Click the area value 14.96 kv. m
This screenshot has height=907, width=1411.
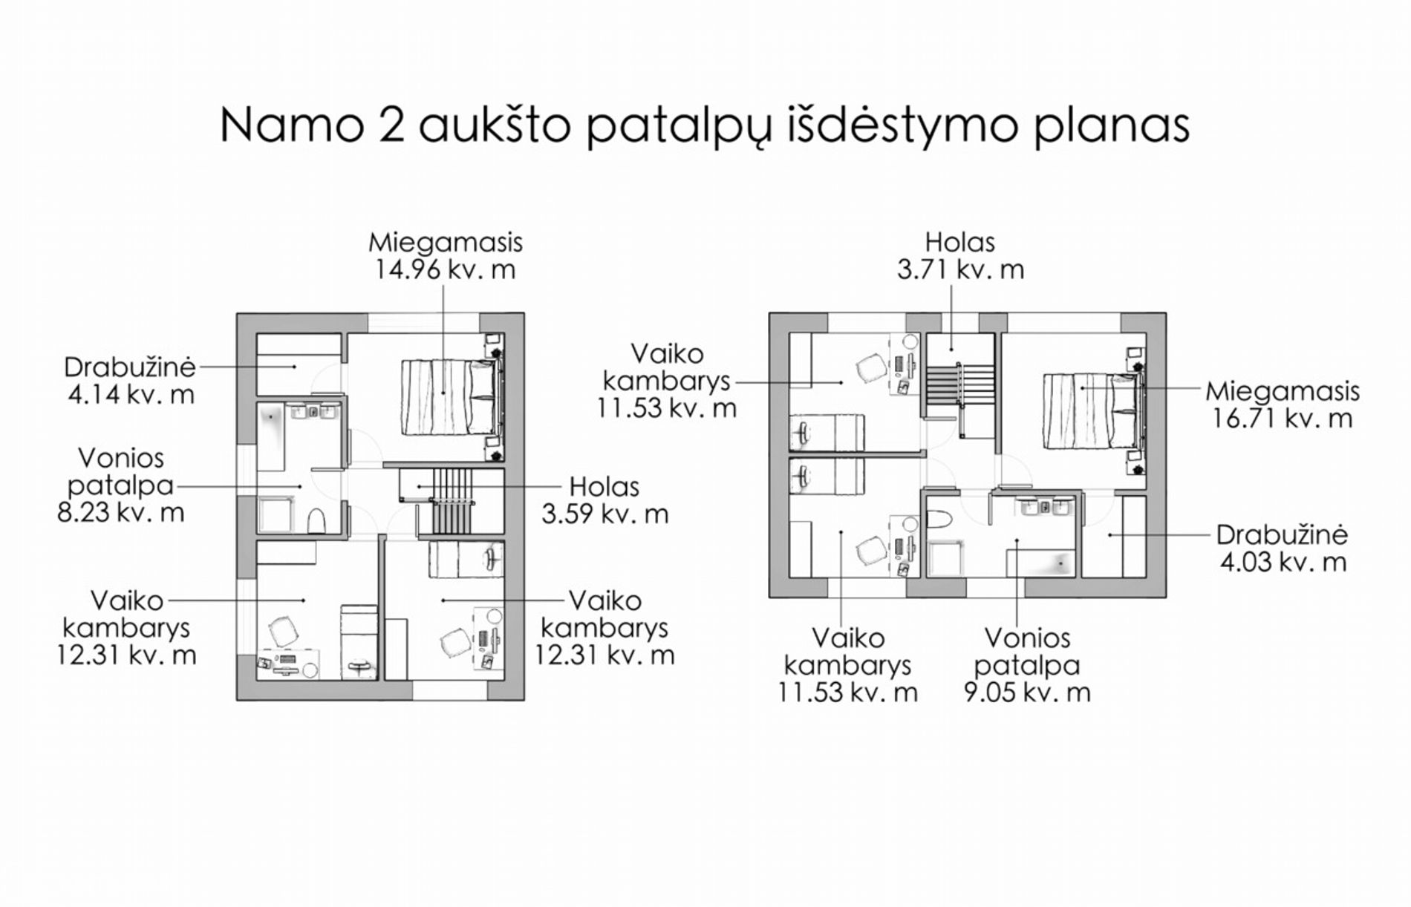point(445,269)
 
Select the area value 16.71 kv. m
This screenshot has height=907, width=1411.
point(1283,419)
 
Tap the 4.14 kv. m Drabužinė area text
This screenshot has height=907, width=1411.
point(130,394)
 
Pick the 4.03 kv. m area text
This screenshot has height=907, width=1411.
point(1283,562)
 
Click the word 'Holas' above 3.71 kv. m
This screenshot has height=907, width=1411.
point(959,242)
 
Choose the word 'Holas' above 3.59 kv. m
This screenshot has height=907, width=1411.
point(604,487)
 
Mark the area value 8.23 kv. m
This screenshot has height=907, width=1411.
point(120,512)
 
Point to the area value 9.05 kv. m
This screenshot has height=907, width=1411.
point(1027,692)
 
